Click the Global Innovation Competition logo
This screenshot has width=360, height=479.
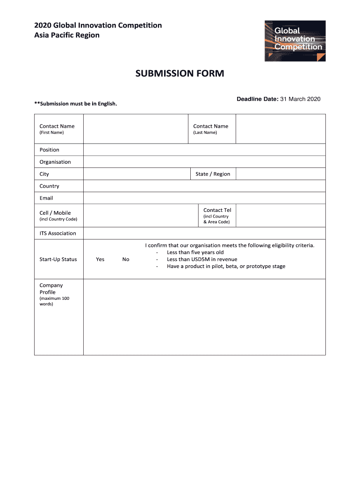click(x=295, y=41)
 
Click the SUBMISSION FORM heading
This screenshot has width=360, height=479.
click(x=180, y=73)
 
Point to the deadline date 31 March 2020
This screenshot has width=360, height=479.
click(x=300, y=99)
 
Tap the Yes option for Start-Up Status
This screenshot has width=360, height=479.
click(x=100, y=259)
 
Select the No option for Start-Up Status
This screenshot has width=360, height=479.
click(x=126, y=259)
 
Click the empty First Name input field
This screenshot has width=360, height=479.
click(x=136, y=129)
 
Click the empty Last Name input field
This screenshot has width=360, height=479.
click(x=281, y=129)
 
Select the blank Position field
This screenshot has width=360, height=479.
click(x=204, y=150)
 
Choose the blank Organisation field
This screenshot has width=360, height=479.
click(x=204, y=162)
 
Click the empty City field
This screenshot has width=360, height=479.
click(x=137, y=174)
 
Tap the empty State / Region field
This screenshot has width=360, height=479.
click(x=281, y=174)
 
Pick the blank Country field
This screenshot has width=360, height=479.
click(x=204, y=186)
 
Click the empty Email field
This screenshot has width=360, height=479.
click(x=204, y=198)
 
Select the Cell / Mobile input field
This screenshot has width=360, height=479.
click(x=141, y=216)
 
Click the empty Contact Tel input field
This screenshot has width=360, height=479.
click(x=281, y=216)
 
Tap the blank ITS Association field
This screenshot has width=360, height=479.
click(x=204, y=233)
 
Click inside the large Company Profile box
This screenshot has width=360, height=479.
click(x=204, y=317)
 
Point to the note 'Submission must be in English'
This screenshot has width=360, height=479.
click(x=76, y=103)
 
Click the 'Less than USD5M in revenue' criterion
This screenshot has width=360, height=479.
click(x=202, y=259)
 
